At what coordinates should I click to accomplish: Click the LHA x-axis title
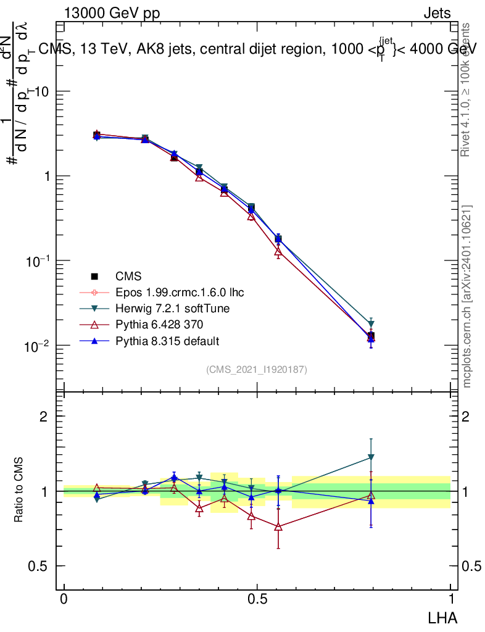(x=442, y=617)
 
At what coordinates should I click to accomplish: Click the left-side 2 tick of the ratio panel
(x=44, y=417)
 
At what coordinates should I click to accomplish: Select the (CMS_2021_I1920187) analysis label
(x=257, y=369)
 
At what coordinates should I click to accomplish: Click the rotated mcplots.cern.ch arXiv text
(x=467, y=296)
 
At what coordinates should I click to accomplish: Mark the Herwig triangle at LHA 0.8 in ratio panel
(x=371, y=457)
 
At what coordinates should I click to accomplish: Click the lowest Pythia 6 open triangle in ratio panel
(x=278, y=526)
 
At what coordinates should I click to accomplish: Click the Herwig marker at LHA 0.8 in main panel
(x=371, y=324)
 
